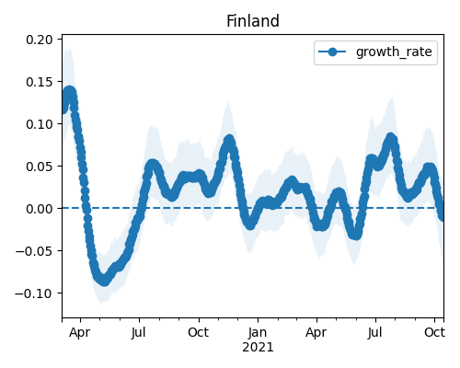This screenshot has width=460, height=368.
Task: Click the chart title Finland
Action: [253, 21]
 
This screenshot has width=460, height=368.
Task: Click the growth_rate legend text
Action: [394, 52]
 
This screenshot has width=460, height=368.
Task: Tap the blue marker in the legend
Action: [332, 52]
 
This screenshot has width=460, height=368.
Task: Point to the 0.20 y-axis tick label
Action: [40, 40]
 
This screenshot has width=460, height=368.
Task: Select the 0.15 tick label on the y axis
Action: [40, 82]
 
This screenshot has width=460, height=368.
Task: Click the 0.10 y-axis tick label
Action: [40, 124]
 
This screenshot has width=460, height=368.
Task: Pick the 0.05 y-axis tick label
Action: [40, 167]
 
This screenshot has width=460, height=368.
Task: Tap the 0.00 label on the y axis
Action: [40, 209]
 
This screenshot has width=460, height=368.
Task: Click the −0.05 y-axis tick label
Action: [34, 251]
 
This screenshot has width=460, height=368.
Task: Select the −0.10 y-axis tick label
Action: [34, 293]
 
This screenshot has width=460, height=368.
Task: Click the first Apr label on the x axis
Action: [80, 332]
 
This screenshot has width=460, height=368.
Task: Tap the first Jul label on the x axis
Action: [139, 332]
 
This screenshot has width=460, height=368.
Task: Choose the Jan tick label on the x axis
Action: [258, 332]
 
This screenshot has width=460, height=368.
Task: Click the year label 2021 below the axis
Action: [258, 348]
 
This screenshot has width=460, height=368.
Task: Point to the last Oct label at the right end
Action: [434, 332]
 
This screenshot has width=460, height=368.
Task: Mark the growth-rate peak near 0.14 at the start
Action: [70, 92]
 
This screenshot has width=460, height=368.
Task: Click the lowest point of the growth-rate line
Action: [104, 281]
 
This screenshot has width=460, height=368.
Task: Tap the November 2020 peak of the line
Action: [229, 141]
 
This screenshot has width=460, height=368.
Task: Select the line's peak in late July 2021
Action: [390, 139]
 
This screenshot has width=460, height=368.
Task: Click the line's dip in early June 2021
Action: [355, 235]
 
